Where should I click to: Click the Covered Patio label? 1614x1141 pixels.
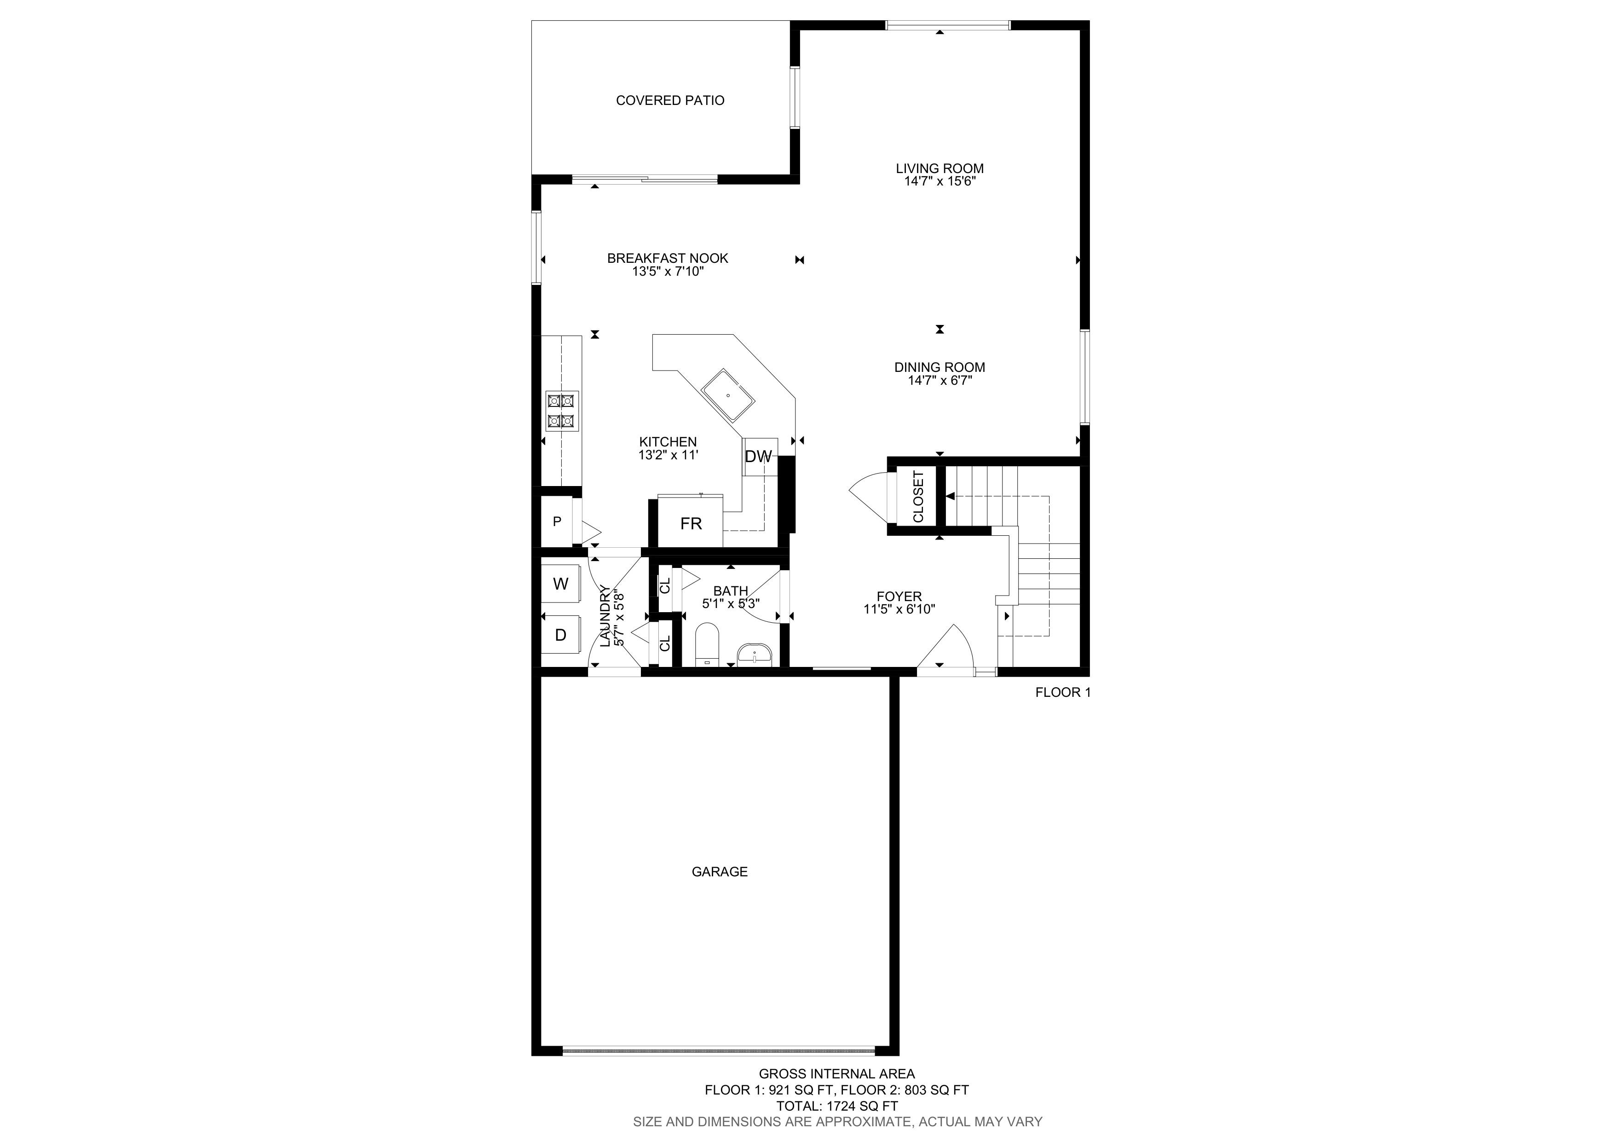point(670,100)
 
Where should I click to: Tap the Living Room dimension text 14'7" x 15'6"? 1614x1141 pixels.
point(940,181)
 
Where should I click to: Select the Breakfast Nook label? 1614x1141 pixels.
point(668,258)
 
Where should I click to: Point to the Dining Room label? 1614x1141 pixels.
point(940,367)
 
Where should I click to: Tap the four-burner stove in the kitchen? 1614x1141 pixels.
point(562,411)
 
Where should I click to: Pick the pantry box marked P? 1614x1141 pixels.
point(557,521)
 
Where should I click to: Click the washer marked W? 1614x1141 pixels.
point(560,584)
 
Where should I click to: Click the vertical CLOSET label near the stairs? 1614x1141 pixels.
point(918,496)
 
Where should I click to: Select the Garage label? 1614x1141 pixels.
point(720,872)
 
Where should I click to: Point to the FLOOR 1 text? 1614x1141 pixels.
point(1063,693)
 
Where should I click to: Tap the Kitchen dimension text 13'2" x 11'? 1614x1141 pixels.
point(668,455)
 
